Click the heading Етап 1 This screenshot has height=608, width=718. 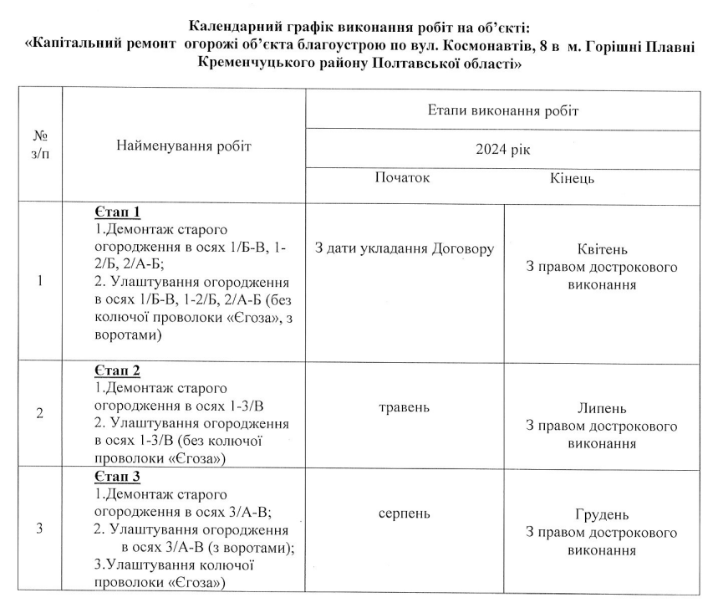pyautogui.click(x=116, y=212)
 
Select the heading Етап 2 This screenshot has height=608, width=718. pyautogui.click(x=116, y=370)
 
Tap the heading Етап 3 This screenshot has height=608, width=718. pyautogui.click(x=116, y=478)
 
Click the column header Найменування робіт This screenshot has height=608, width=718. pyautogui.click(x=184, y=146)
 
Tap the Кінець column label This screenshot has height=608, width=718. pyautogui.click(x=573, y=179)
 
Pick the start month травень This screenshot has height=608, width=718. pyautogui.click(x=404, y=408)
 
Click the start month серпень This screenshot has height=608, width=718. pyautogui.click(x=404, y=513)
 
